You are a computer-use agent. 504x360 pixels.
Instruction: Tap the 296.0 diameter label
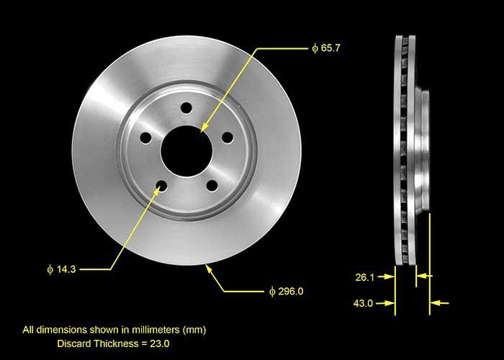[287, 291]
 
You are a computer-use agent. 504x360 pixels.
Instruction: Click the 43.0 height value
[364, 303]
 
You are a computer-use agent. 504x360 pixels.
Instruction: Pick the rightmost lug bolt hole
[227, 138]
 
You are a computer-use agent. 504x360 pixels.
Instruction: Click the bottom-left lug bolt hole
[161, 186]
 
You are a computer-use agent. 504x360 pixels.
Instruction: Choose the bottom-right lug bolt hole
[212, 186]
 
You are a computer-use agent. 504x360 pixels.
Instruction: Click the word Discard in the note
[74, 344]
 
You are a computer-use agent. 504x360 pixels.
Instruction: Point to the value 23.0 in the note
[161, 344]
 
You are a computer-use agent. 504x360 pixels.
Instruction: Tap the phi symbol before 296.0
[272, 291]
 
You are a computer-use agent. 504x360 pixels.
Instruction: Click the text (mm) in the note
[194, 330]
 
